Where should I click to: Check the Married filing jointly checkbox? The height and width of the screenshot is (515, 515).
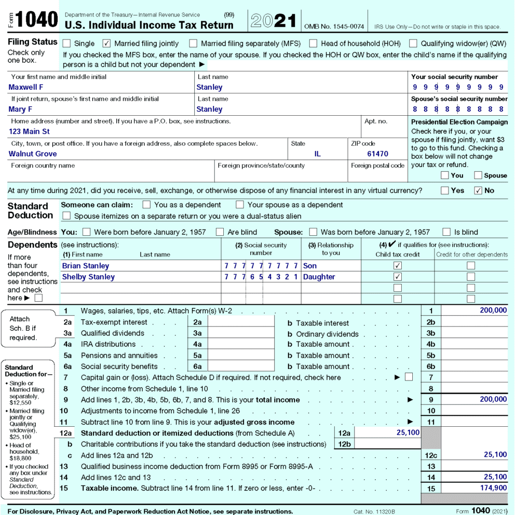point(107,44)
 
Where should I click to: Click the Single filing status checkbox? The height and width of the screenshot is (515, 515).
point(67,44)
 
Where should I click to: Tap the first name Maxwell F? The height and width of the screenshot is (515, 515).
point(26,87)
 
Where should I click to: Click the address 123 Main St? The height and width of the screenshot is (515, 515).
point(29,131)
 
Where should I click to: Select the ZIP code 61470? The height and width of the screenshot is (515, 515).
point(377,154)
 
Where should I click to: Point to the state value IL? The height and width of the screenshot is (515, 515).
point(318,154)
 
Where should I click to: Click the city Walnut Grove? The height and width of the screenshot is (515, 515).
point(33,154)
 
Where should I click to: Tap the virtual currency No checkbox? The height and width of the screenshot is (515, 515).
point(478,191)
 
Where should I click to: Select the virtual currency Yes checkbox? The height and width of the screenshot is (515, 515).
point(445,191)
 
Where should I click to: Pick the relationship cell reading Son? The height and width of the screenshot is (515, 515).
point(310,266)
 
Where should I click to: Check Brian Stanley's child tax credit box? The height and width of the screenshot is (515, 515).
point(398,266)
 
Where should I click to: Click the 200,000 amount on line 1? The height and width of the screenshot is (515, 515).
point(493,310)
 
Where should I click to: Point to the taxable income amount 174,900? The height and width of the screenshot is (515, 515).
point(493,488)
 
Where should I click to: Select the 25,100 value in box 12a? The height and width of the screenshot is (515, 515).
point(408,432)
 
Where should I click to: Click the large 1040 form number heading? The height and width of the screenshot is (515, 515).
point(36,20)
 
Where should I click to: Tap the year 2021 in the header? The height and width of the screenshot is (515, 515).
point(274,21)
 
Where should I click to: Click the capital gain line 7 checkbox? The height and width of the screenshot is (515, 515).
point(409,377)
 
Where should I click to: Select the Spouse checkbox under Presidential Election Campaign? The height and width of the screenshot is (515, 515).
point(478,175)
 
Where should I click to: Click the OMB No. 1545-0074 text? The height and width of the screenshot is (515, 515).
point(334,26)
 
